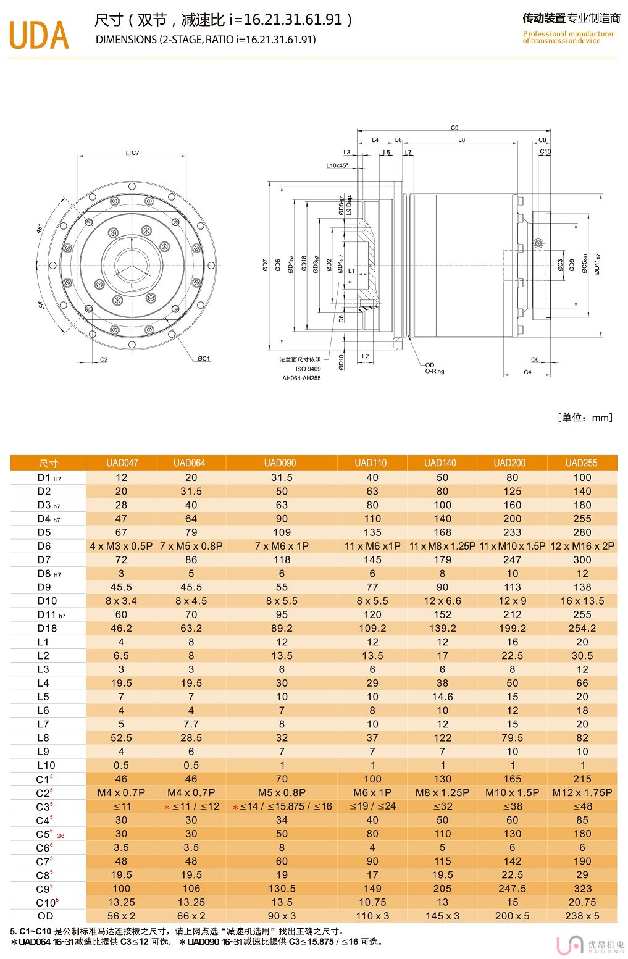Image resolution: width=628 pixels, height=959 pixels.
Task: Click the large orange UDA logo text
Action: pos(38,35)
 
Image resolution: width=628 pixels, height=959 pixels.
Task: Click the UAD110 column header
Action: pos(371,463)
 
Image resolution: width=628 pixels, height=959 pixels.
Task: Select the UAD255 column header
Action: pos(582,463)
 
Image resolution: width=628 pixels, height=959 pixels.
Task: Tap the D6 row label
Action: pos(44,546)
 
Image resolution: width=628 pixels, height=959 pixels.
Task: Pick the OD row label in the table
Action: pos(46,916)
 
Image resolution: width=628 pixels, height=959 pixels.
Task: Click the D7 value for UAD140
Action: pos(442,559)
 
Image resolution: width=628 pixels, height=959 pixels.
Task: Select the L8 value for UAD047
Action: pos(121,738)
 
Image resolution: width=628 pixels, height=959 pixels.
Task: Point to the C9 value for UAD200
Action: pos(512,889)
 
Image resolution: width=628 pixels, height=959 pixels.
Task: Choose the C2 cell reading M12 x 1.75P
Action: pos(582,792)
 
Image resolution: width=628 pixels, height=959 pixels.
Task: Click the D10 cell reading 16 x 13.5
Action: pos(582,601)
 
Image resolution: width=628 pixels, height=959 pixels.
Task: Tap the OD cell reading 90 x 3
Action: pos(282,916)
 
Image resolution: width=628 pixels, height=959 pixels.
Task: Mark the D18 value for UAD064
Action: pos(191,628)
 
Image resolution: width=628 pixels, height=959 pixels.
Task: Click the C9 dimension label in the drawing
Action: pos(454,128)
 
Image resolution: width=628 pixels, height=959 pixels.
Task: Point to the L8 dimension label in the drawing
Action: pos(461,140)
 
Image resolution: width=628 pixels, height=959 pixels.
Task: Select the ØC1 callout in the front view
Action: pos(204,358)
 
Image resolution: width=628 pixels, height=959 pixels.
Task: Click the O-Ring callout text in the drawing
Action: pos(434,371)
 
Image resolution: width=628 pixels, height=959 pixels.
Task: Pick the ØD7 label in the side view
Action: pos(265,265)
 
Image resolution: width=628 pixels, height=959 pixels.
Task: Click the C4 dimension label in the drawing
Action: pos(527,372)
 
